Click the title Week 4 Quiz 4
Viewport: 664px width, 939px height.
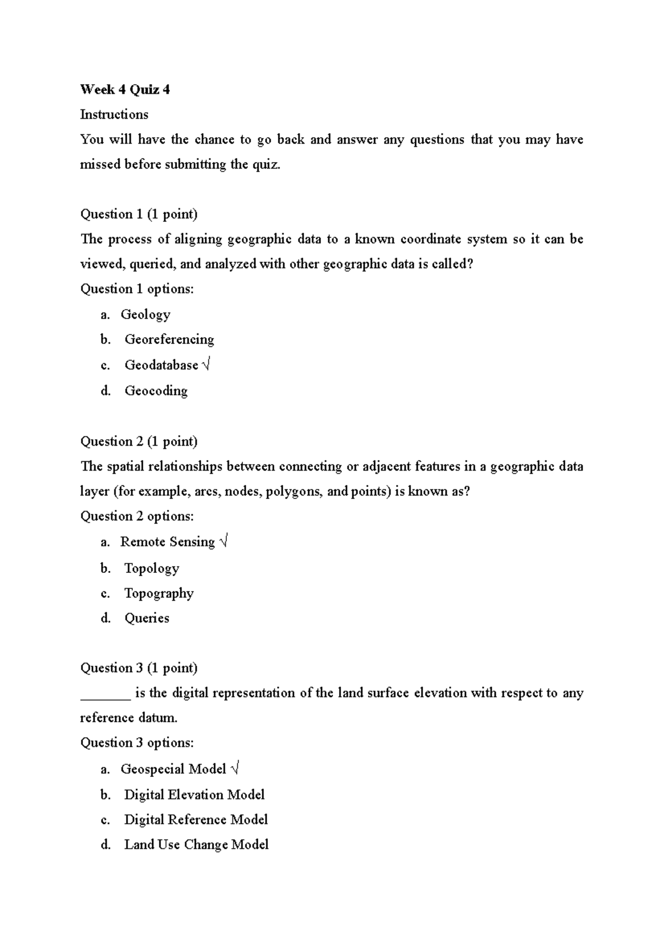pyautogui.click(x=124, y=90)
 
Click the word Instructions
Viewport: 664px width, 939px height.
pyautogui.click(x=114, y=114)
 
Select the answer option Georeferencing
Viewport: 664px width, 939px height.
pyautogui.click(x=169, y=339)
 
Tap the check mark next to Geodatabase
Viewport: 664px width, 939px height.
pyautogui.click(x=206, y=364)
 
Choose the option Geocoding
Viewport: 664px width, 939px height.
pyautogui.click(x=155, y=390)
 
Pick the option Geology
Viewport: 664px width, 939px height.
pyautogui.click(x=145, y=314)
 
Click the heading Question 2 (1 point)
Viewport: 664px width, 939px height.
pyautogui.click(x=139, y=441)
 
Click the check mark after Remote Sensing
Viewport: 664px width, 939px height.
pyautogui.click(x=223, y=541)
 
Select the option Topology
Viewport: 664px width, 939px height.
pyautogui.click(x=151, y=568)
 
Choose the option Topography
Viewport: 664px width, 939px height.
pyautogui.click(x=158, y=593)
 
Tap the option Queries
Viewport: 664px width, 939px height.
pyautogui.click(x=147, y=618)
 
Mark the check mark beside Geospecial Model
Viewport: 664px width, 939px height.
pyautogui.click(x=235, y=769)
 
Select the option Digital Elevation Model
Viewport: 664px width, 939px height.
pyautogui.click(x=194, y=795)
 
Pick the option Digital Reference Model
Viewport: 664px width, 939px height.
pyautogui.click(x=195, y=820)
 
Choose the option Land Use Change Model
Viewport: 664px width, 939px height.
pyautogui.click(x=196, y=844)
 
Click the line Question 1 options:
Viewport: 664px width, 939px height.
pyautogui.click(x=137, y=289)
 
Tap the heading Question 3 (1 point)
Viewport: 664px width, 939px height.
pyautogui.click(x=139, y=668)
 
